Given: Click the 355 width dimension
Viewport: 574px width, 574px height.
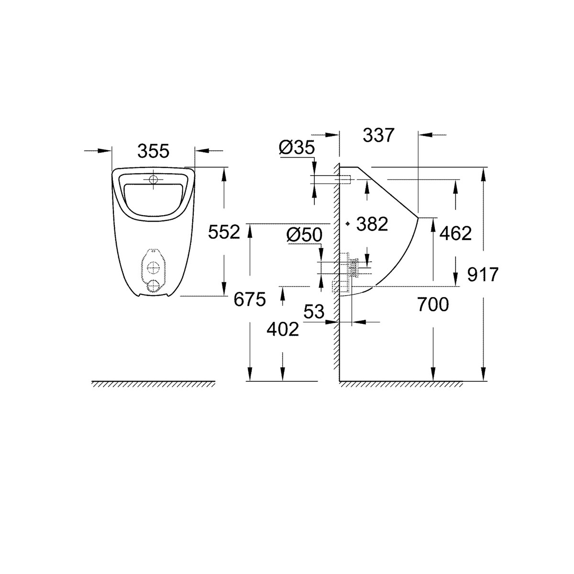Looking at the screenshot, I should [153, 151].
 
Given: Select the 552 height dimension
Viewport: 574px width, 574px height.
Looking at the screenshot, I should [223, 232].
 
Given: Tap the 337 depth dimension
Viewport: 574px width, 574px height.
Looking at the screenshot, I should [378, 135].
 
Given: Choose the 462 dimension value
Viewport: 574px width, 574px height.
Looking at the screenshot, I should [456, 233].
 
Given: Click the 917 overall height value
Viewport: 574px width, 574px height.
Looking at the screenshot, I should [483, 275].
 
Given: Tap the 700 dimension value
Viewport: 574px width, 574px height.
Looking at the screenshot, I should [432, 304].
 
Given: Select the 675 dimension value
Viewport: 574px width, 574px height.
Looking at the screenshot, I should [249, 300].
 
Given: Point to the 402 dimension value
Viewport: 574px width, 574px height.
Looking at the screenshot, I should [283, 329].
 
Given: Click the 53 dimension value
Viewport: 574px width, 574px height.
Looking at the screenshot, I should [314, 312].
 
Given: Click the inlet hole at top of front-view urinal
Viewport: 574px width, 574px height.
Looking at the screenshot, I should [153, 180].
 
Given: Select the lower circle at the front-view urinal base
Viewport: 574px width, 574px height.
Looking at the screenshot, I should [153, 286].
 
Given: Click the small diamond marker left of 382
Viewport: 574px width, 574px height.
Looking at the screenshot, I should [348, 223].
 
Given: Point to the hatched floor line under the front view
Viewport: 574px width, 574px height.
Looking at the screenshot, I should [153, 384].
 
